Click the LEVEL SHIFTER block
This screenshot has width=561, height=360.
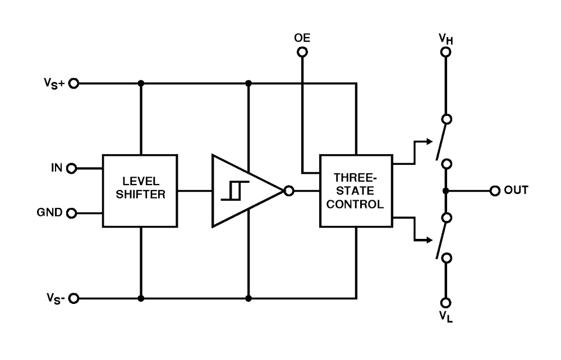pos(140,191)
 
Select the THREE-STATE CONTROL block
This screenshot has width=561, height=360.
pos(356,191)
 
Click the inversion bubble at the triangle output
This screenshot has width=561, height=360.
pos(289,191)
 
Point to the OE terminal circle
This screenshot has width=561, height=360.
pos(302,52)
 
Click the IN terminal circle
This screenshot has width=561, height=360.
pos(72,168)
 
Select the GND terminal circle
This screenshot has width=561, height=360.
pos(72,213)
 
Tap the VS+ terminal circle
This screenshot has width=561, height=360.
pos(73,84)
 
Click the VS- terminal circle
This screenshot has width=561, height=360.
pos(73,298)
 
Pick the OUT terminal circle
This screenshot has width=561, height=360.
pos(494,191)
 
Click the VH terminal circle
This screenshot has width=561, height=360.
pos(446,52)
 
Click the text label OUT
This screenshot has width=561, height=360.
pos(516,191)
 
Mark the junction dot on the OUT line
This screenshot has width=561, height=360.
pos(446,191)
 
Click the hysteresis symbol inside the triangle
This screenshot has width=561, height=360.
pos(231,191)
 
